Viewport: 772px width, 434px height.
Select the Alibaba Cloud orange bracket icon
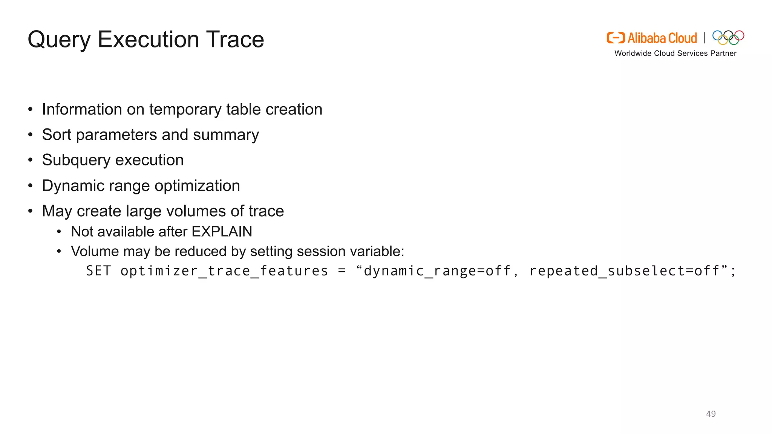tap(616, 38)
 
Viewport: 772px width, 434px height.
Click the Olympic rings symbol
tap(728, 37)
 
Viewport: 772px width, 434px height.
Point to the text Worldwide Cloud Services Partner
tap(675, 53)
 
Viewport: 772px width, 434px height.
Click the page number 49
tap(711, 414)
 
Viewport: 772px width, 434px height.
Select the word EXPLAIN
tap(222, 232)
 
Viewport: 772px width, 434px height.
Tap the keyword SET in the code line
tap(98, 271)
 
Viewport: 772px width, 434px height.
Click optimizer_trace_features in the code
tap(224, 271)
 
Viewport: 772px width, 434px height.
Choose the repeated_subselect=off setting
tap(625, 271)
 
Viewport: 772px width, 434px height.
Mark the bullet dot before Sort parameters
tap(31, 135)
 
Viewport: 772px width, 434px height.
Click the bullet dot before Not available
tap(59, 232)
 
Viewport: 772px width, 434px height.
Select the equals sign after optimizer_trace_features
tap(342, 271)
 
